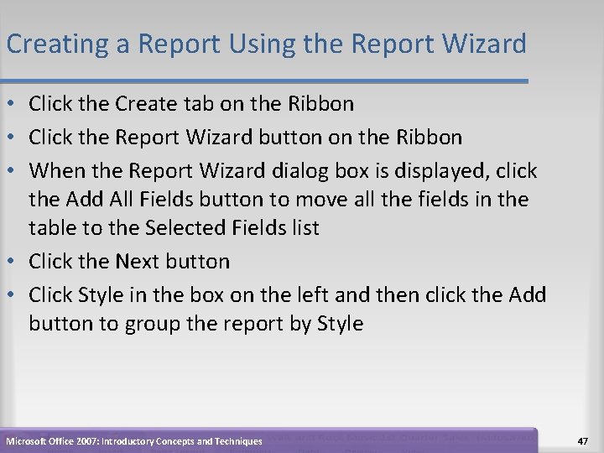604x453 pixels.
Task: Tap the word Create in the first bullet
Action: click(147, 104)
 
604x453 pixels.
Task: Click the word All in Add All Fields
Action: click(122, 200)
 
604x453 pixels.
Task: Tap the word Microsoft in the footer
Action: click(29, 441)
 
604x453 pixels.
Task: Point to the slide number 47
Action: click(585, 440)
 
